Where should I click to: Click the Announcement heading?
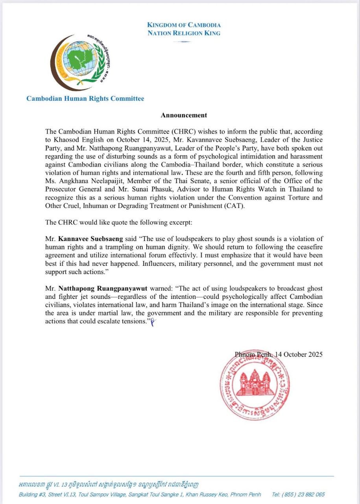coord(184,115)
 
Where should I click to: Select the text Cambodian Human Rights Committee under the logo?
coord(85,98)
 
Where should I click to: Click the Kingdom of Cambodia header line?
coord(184,25)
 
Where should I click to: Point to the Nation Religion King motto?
coord(184,33)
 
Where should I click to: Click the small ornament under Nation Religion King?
coord(184,41)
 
